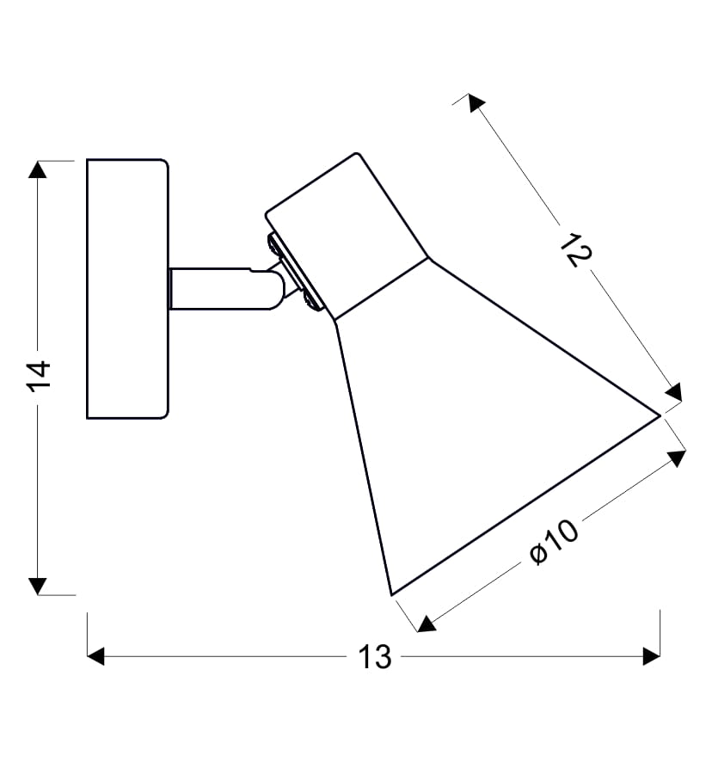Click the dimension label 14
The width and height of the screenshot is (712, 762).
[x=39, y=376]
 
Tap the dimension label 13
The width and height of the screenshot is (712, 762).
[x=375, y=657]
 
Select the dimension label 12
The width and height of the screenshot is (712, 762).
[x=576, y=249]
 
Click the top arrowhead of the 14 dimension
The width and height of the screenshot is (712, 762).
[x=38, y=169]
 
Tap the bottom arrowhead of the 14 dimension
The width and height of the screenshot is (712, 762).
[x=38, y=586]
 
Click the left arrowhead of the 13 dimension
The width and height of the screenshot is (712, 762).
[x=95, y=656]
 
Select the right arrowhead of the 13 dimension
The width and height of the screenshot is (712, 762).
[x=651, y=656]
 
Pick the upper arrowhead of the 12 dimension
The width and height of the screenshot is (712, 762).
[x=476, y=102]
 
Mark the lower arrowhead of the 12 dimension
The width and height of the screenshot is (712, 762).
[x=674, y=393]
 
